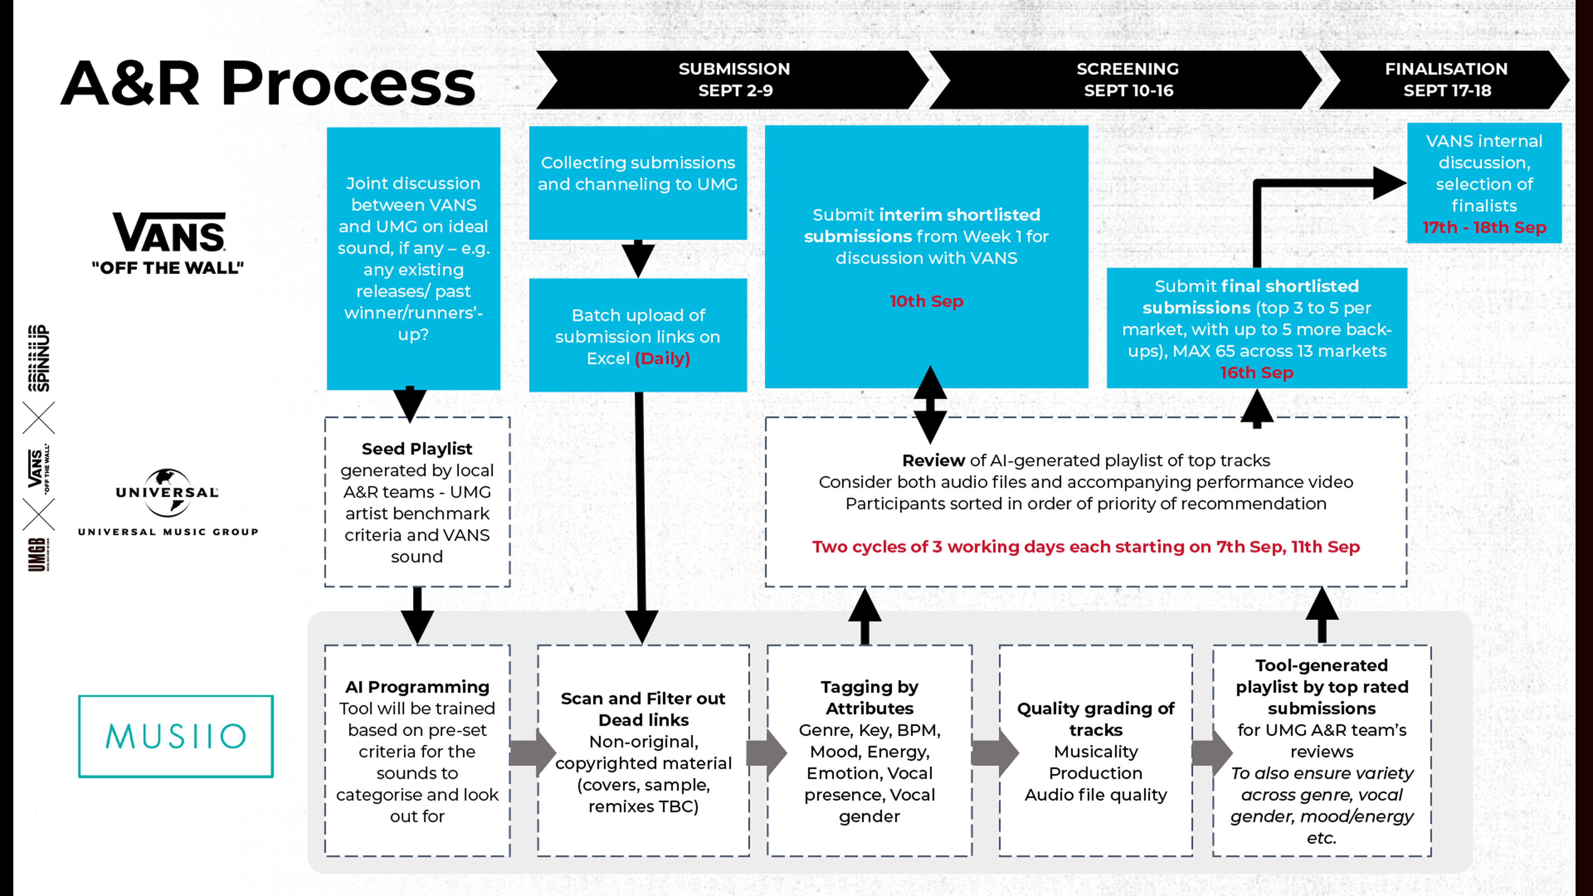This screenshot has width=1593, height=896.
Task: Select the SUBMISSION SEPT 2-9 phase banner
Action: (733, 80)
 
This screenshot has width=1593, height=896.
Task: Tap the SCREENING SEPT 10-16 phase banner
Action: (1127, 80)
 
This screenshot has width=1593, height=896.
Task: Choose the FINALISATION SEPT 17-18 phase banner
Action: (1446, 80)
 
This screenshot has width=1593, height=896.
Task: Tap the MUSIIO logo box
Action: (175, 736)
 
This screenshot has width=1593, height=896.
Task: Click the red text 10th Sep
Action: (926, 301)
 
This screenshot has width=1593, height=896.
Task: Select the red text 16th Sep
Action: (1257, 373)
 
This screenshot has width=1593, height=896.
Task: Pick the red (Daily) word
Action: (663, 359)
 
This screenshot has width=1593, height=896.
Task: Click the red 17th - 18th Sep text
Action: (1484, 228)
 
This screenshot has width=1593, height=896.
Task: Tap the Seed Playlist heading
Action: (417, 449)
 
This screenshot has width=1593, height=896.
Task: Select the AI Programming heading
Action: (417, 687)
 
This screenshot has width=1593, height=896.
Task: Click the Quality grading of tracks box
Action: (1096, 751)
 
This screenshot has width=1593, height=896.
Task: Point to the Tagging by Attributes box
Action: (870, 751)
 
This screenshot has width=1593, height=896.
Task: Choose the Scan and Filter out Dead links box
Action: (643, 751)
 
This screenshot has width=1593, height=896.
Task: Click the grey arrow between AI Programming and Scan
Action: (533, 752)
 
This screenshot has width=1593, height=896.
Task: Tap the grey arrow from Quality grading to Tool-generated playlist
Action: (1211, 752)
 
